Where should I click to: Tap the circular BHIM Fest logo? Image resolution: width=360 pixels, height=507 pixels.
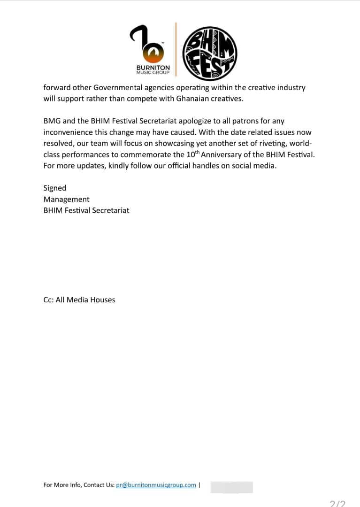click(210, 52)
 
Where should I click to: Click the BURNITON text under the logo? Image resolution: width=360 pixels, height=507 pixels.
click(153, 68)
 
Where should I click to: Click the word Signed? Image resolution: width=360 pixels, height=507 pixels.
click(55, 188)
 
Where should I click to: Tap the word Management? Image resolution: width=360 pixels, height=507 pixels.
click(66, 199)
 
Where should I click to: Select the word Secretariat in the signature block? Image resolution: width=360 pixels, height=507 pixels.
click(110, 210)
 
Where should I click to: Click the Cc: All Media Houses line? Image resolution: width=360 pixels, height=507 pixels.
click(79, 300)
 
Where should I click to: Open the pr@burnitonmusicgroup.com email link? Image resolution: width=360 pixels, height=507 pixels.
click(156, 485)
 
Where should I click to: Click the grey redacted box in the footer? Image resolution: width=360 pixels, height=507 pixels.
click(231, 487)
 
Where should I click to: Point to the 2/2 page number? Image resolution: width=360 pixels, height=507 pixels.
click(337, 504)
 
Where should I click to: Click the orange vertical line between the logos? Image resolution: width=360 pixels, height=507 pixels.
click(176, 49)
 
